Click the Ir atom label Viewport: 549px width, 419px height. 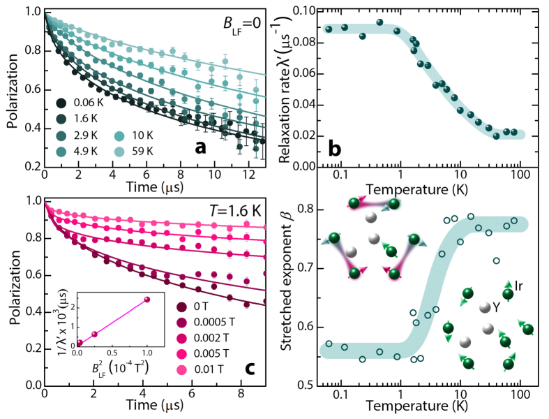click(520, 285)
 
